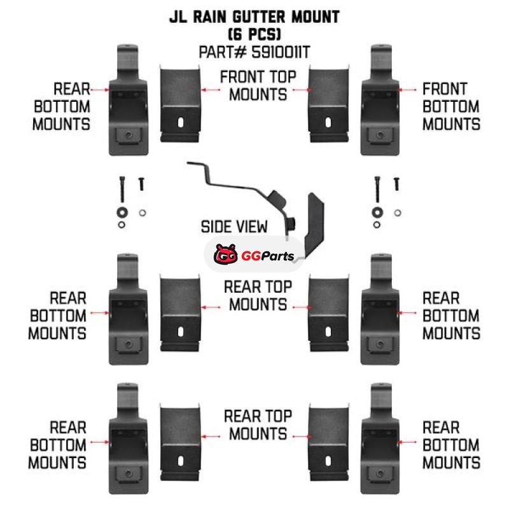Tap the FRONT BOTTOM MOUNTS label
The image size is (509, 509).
tap(451, 106)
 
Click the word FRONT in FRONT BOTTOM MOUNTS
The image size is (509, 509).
tap(445, 89)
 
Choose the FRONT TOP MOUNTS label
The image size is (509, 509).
tap(258, 86)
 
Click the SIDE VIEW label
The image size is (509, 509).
tap(234, 227)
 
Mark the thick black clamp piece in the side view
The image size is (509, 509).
tap(315, 223)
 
